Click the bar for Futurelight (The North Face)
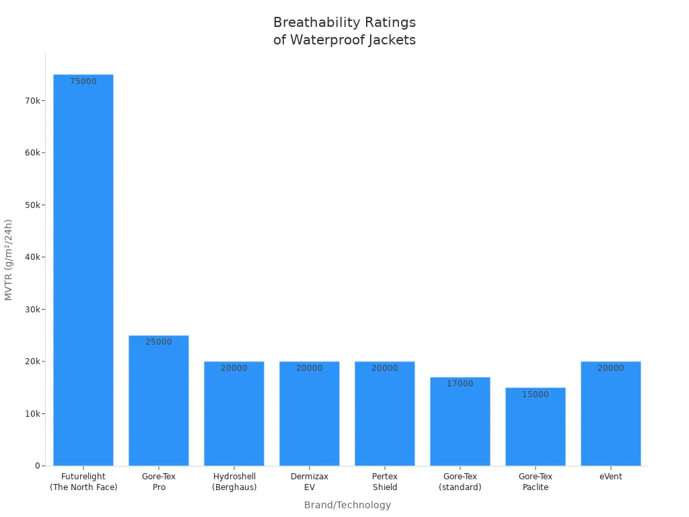point(83,269)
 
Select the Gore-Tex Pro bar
point(159,401)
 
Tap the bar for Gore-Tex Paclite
point(536,427)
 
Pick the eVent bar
point(611,413)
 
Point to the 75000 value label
point(83,81)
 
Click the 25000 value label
point(159,342)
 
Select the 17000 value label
point(460,384)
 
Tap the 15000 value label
point(536,394)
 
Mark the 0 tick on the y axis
point(38,466)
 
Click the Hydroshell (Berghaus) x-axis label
point(234,482)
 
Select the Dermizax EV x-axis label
point(310,482)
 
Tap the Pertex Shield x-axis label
point(385,482)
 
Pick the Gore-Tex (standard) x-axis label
point(460,482)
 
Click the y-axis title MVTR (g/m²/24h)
point(9,260)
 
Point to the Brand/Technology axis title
point(347,505)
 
